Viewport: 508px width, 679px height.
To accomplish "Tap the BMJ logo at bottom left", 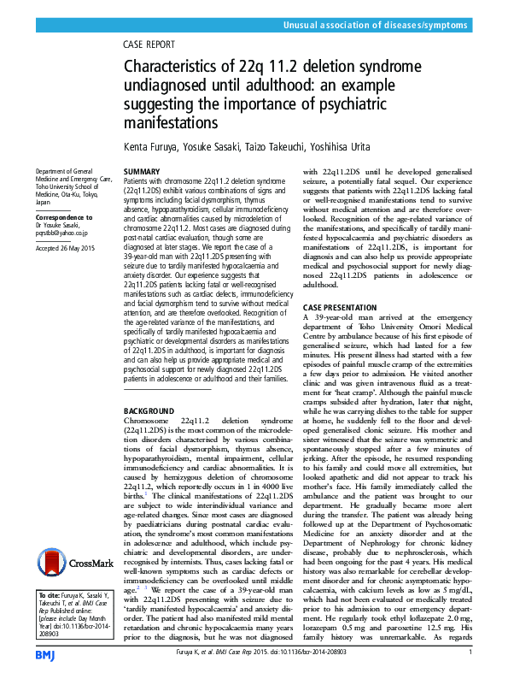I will (44, 655).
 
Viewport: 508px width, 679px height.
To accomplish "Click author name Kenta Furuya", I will (152, 147).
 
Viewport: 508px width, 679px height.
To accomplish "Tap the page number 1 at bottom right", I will (470, 654).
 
